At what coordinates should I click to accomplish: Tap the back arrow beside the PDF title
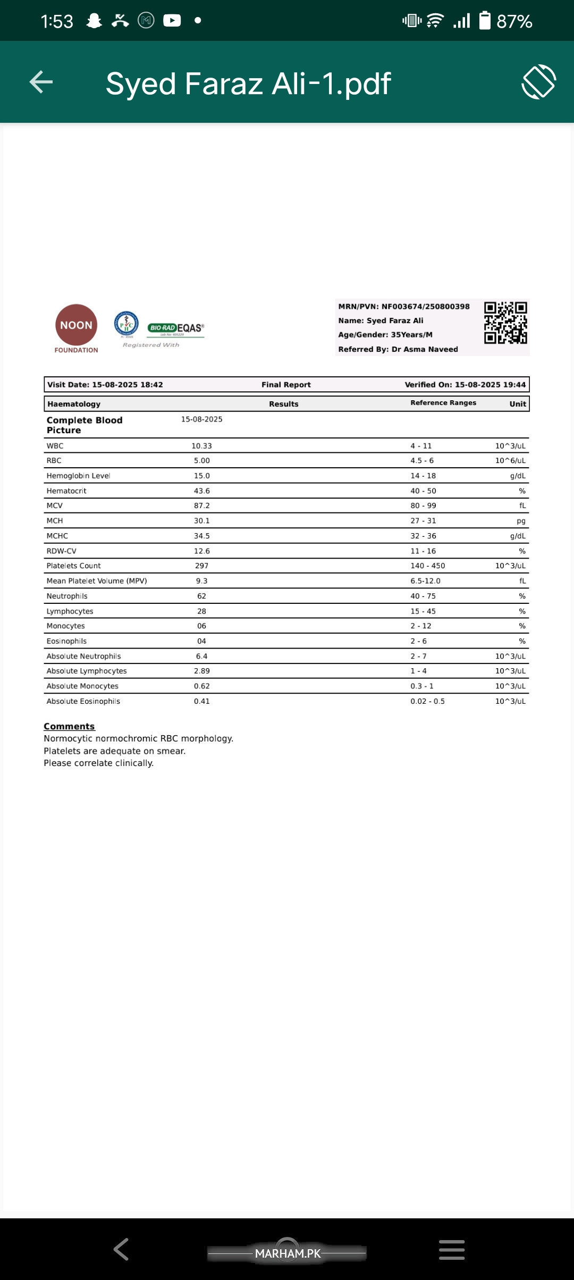(x=41, y=82)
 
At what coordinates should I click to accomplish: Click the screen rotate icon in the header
(x=538, y=82)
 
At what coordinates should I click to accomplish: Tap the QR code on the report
(x=505, y=323)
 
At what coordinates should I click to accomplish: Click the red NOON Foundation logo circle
(x=76, y=325)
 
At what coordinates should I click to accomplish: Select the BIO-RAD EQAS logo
(x=176, y=328)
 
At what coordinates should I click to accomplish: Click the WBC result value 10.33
(x=201, y=446)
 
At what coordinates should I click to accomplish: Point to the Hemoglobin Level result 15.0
(x=201, y=476)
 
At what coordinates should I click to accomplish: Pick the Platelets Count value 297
(x=201, y=566)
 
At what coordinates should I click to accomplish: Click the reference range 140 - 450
(x=427, y=566)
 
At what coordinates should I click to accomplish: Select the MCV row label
(x=55, y=506)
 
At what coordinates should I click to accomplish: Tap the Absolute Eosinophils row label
(x=83, y=701)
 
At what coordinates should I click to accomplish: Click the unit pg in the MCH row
(x=521, y=521)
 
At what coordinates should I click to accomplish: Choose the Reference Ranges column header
(x=443, y=403)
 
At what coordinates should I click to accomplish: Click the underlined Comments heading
(x=69, y=726)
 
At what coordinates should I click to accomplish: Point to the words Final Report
(x=286, y=384)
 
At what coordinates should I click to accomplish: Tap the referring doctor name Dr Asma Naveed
(x=425, y=349)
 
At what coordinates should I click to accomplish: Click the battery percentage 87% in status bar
(x=514, y=21)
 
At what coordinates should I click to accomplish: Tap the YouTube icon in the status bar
(x=172, y=20)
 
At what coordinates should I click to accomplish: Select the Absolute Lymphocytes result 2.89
(x=201, y=671)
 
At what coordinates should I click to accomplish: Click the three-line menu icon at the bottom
(x=452, y=1249)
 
